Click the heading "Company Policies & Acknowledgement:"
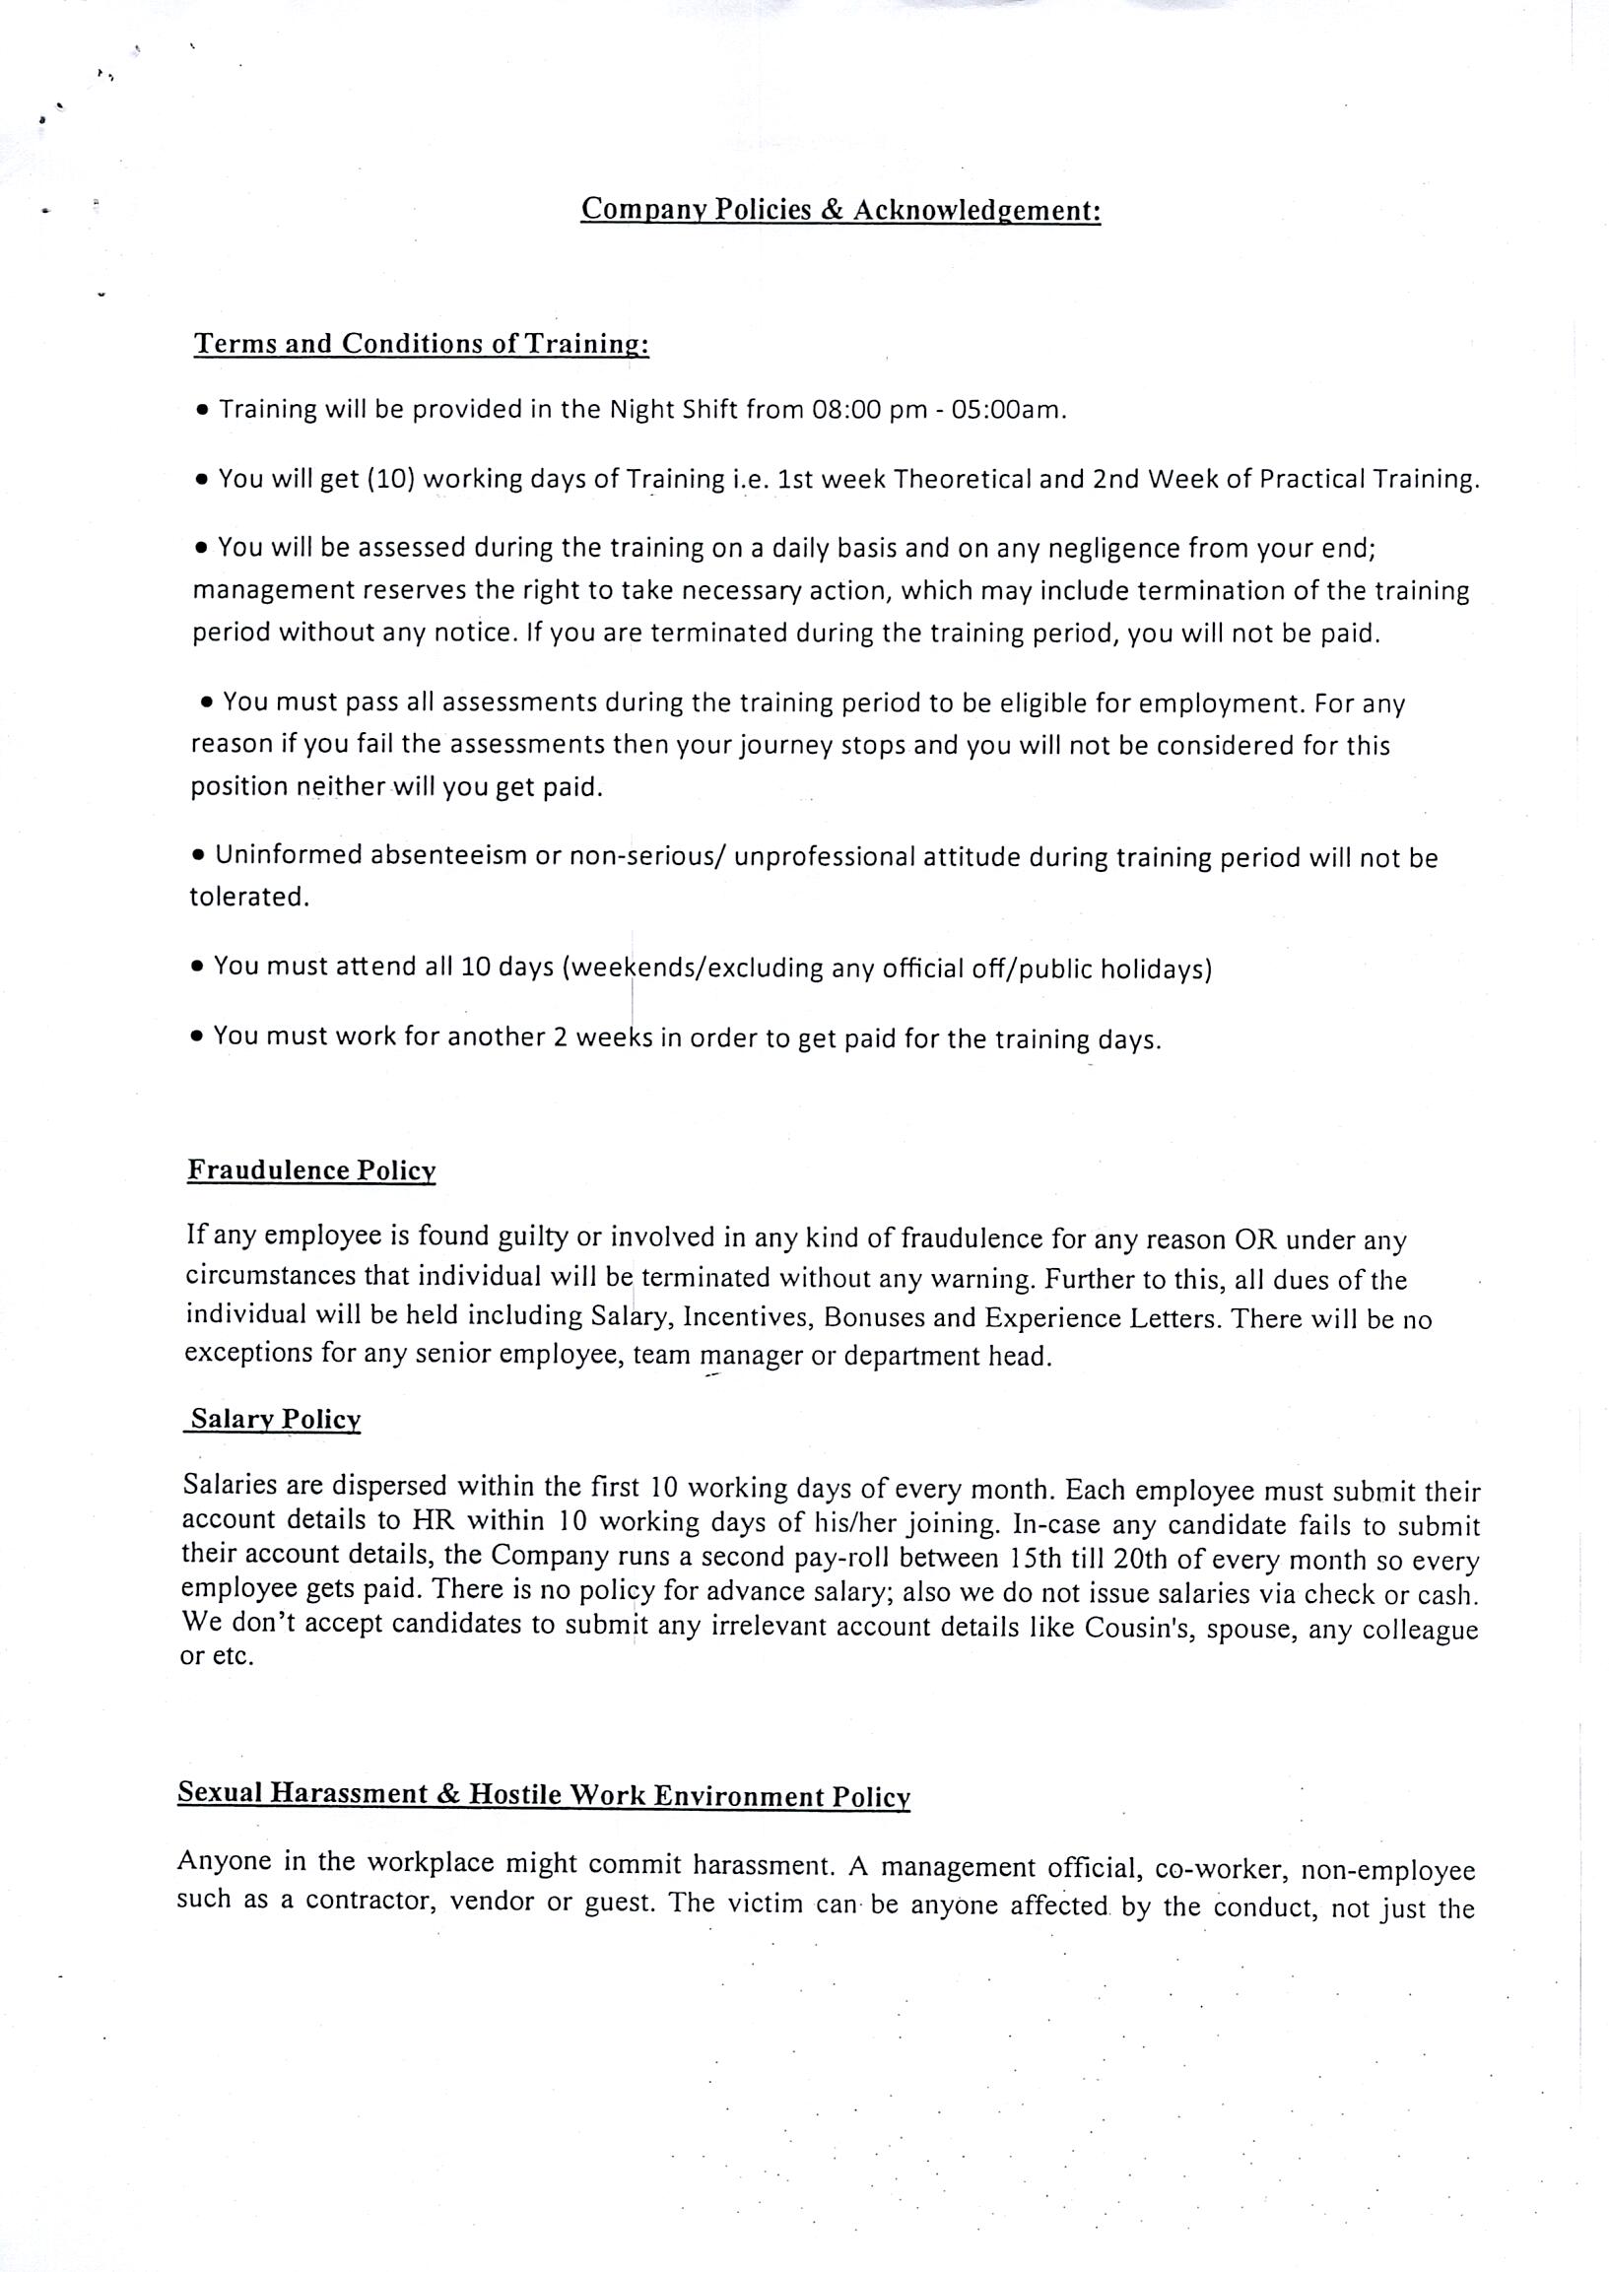(x=840, y=210)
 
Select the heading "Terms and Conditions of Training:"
(x=421, y=344)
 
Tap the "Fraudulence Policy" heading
(x=311, y=1170)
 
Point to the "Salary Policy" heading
(x=276, y=1419)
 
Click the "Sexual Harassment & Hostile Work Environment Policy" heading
(x=543, y=1794)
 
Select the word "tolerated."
(x=249, y=897)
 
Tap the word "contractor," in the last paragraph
(x=371, y=1902)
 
